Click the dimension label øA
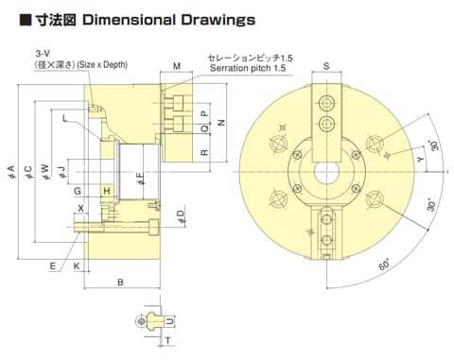pyautogui.click(x=11, y=172)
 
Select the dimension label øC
pyautogui.click(x=28, y=172)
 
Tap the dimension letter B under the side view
pyautogui.click(x=120, y=283)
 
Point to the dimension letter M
pyautogui.click(x=177, y=66)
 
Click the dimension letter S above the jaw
pyautogui.click(x=326, y=66)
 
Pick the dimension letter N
pyautogui.click(x=222, y=122)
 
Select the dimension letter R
pyautogui.click(x=204, y=152)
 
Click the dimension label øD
pyautogui.click(x=181, y=217)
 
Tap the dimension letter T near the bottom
pyautogui.click(x=168, y=340)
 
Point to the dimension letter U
pyautogui.click(x=169, y=321)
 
